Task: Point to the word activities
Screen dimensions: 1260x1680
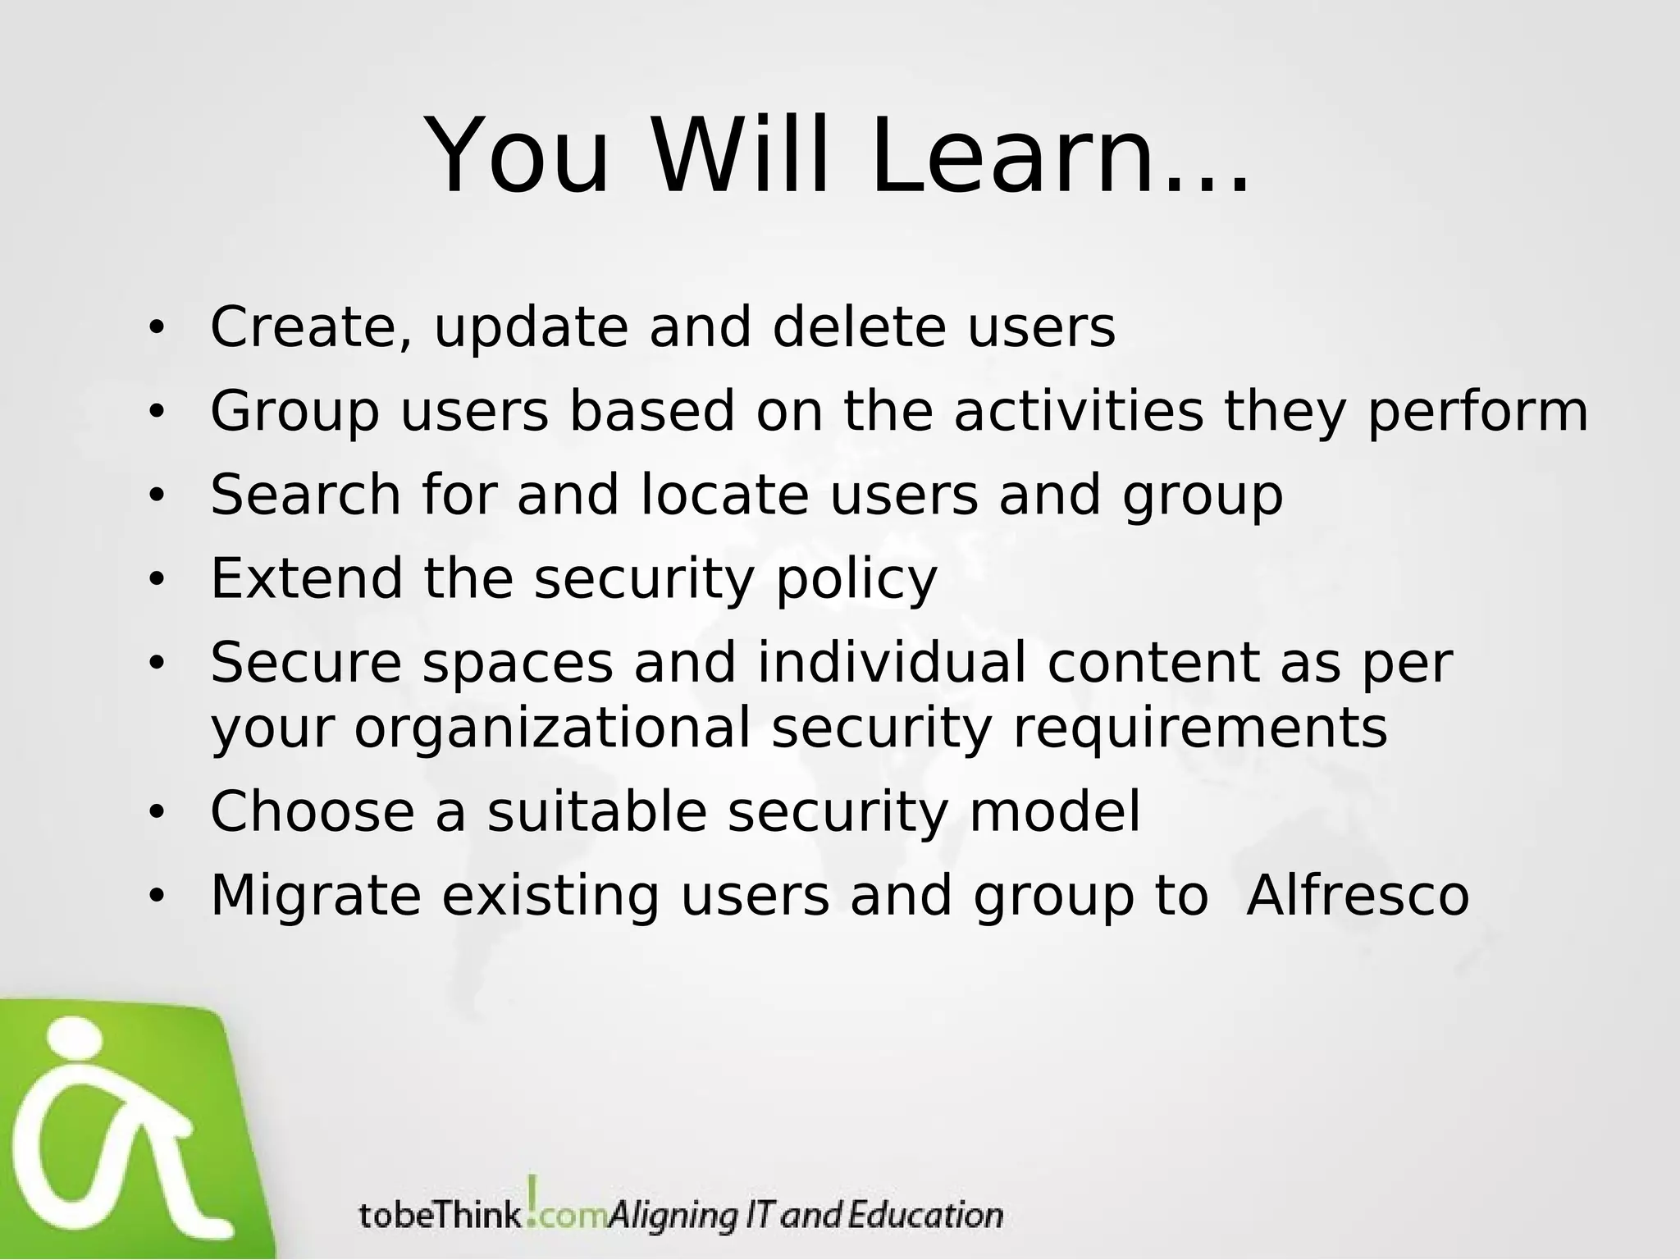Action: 1078,411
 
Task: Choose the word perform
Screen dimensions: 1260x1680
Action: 1477,413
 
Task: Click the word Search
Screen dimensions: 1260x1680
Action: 305,495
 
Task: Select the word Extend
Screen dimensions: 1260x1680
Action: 306,578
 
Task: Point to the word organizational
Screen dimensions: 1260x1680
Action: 553,729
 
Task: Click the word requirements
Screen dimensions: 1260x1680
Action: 1200,729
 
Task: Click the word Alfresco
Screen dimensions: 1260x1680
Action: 1358,895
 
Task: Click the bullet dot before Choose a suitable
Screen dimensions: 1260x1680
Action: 156,814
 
